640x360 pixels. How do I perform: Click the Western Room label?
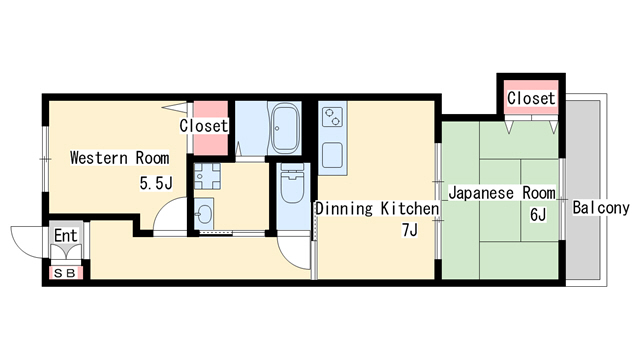[120, 158]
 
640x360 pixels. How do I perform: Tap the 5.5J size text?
[156, 183]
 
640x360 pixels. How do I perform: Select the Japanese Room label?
[502, 193]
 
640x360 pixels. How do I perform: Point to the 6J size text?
[538, 215]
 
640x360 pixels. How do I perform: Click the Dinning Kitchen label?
[377, 209]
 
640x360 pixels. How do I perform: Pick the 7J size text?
[410, 230]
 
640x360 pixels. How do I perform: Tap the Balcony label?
[601, 208]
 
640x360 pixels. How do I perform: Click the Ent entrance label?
[66, 236]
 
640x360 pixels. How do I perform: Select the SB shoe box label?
[65, 273]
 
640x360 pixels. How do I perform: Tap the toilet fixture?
[293, 183]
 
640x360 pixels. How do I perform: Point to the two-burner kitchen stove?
[332, 117]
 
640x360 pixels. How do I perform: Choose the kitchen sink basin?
[332, 155]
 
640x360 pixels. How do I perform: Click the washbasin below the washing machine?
[203, 213]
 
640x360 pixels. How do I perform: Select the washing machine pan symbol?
[207, 176]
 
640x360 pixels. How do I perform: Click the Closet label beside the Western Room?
[204, 126]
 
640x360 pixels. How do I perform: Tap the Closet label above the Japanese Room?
[531, 98]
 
